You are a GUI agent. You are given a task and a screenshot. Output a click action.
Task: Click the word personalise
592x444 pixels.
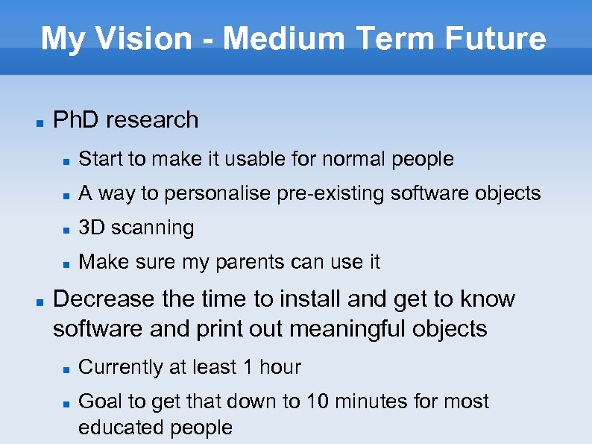click(x=217, y=193)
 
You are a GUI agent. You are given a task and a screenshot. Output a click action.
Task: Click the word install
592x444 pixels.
click(x=311, y=298)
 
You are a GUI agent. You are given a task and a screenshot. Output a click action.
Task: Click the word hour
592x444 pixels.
click(x=280, y=367)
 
